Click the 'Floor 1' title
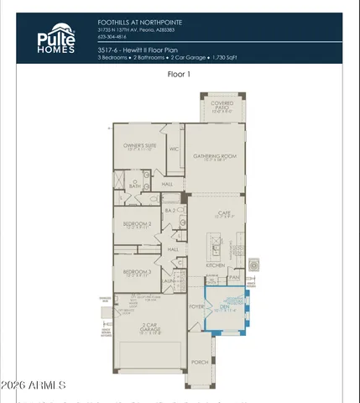(180, 74)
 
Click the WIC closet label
(175, 149)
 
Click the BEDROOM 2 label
(137, 225)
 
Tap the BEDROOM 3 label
(137, 273)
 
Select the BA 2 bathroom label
(169, 211)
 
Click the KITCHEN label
(216, 264)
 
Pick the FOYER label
(197, 307)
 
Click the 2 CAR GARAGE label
(149, 327)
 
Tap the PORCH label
(199, 362)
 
